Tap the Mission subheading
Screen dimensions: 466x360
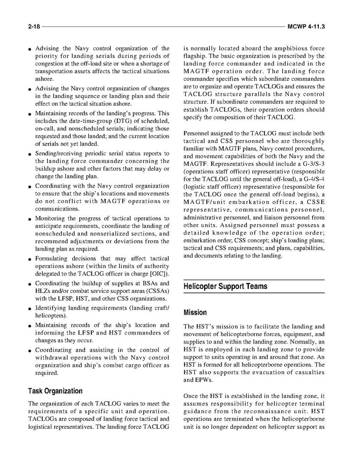point(195,312)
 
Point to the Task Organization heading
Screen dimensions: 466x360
point(55,391)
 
